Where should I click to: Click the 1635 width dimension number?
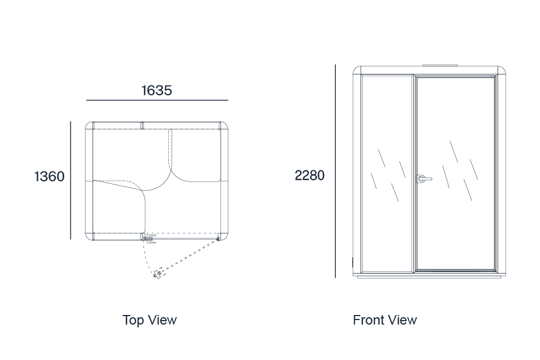tap(157, 90)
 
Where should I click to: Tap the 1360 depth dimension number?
tap(49, 177)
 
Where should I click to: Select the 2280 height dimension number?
tap(309, 175)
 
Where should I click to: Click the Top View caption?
tap(150, 320)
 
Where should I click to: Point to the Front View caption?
tap(385, 320)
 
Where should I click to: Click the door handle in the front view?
tap(424, 179)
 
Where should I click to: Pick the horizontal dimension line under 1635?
tap(157, 100)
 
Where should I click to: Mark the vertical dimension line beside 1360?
tap(71, 180)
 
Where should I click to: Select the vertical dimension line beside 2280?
tap(335, 171)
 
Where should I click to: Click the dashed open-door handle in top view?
tap(158, 274)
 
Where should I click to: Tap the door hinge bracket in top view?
tap(150, 239)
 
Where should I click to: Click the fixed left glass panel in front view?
tap(388, 173)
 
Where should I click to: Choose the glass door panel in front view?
tap(455, 173)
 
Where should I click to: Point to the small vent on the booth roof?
tap(440, 65)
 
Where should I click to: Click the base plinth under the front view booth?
tap(429, 276)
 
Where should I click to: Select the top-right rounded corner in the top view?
tap(224, 125)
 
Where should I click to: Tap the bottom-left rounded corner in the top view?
tap(89, 236)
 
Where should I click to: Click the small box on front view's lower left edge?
tap(353, 262)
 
